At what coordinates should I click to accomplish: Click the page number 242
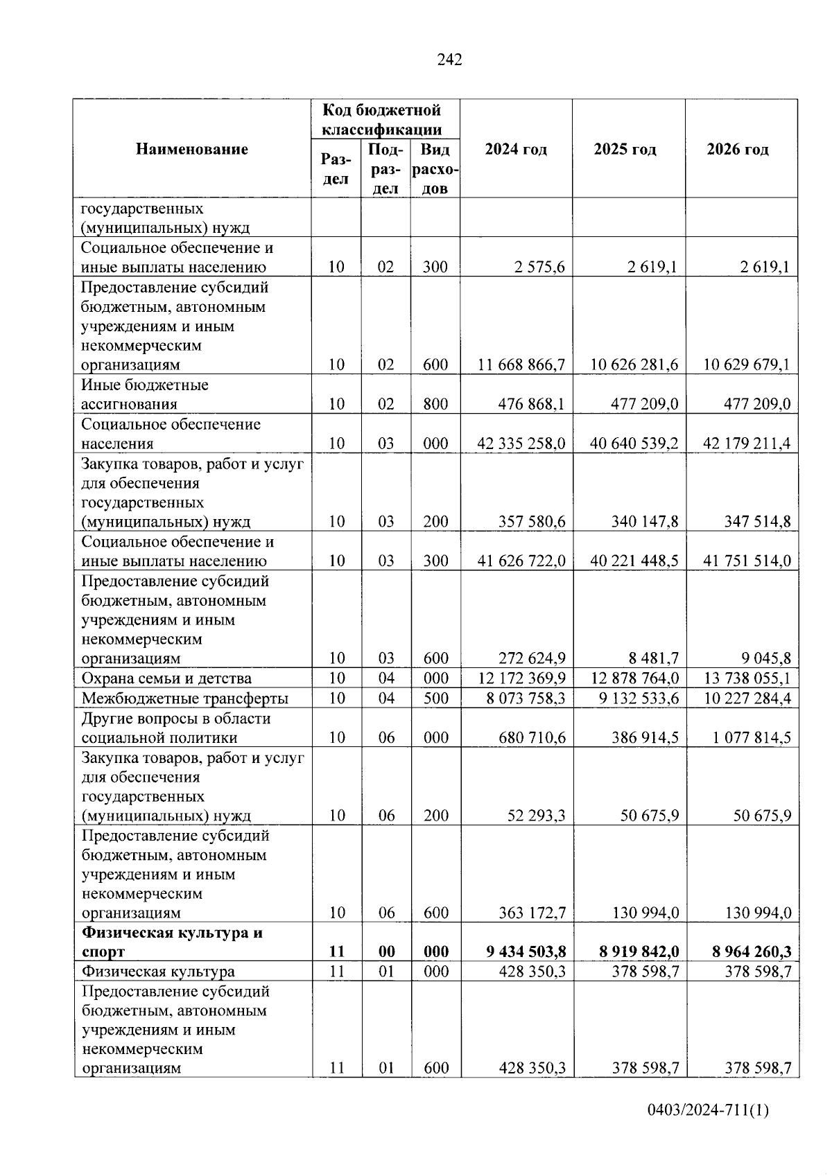tap(449, 60)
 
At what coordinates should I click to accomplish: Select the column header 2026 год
tap(737, 150)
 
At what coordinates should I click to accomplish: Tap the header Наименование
tap(192, 149)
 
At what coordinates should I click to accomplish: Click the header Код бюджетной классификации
tap(382, 119)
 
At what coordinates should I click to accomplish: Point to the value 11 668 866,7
tap(521, 365)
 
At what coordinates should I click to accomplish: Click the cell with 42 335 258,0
tap(521, 444)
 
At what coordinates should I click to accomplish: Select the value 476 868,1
tap(532, 404)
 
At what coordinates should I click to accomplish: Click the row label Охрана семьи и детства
tap(166, 678)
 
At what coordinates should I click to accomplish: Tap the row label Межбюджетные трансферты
tap(185, 699)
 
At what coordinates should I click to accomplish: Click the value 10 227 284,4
tap(747, 699)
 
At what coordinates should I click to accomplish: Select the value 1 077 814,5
tap(752, 738)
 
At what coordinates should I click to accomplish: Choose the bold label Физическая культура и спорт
tap(172, 942)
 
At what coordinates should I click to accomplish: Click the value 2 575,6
tap(539, 267)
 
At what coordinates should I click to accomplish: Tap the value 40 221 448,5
tap(634, 561)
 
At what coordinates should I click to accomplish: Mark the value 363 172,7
tap(532, 913)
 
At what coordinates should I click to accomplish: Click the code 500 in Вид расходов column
tap(435, 699)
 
